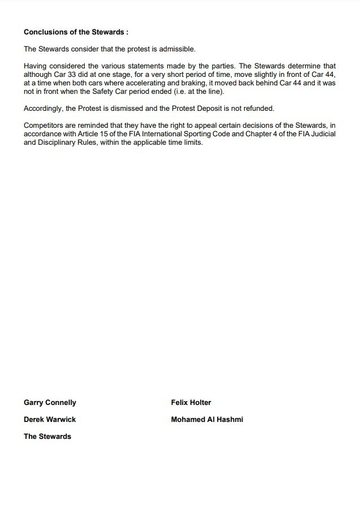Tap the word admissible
coord(177,49)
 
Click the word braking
coord(198,83)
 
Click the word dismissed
coord(129,108)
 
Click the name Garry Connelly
coord(50,403)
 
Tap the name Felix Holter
coord(191,403)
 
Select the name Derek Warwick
coord(50,420)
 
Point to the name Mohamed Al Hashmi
coord(207,420)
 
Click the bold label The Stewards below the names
coord(47,437)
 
